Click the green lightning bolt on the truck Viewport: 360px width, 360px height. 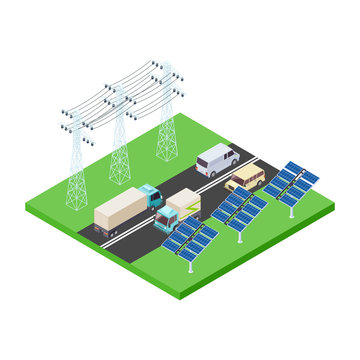[x=184, y=209]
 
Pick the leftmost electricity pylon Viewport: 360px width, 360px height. [x=75, y=160]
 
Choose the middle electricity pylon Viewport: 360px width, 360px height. [x=119, y=140]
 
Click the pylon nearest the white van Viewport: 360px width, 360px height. [x=166, y=115]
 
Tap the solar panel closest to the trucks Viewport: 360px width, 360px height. [x=190, y=236]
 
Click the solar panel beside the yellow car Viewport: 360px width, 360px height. [x=291, y=180]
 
